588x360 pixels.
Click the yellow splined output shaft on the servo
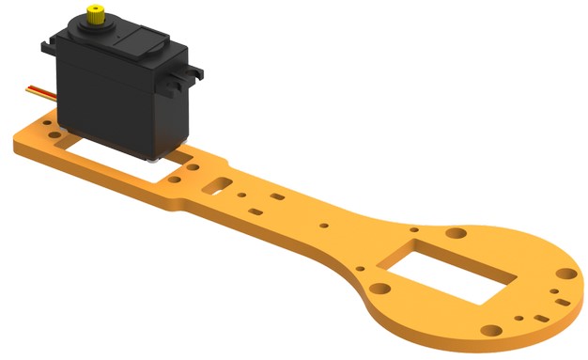(95, 14)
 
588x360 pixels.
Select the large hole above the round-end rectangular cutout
(455, 231)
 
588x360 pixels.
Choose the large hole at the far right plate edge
(566, 274)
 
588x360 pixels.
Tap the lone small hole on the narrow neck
(324, 226)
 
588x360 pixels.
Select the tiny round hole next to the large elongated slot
(243, 195)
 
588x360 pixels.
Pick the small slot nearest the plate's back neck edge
(278, 198)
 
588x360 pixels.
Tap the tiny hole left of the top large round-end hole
(414, 228)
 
